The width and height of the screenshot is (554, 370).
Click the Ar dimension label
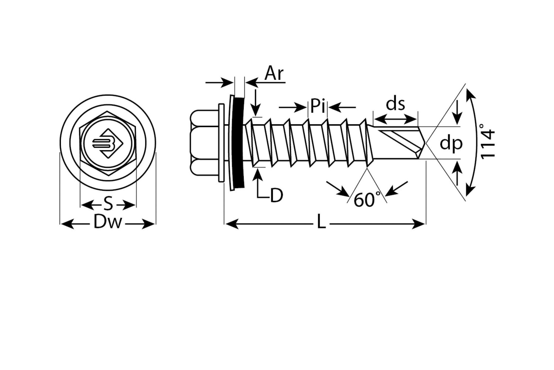274,73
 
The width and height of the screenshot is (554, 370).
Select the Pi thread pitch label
318,106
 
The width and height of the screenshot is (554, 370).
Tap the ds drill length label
395,104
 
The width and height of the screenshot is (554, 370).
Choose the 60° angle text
365,200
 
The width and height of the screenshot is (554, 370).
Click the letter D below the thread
276,195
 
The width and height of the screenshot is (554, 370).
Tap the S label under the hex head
108,205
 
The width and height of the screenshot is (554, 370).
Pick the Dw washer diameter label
108,222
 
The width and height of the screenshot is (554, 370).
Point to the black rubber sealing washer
238,142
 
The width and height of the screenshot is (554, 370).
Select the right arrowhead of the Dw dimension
148,224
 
